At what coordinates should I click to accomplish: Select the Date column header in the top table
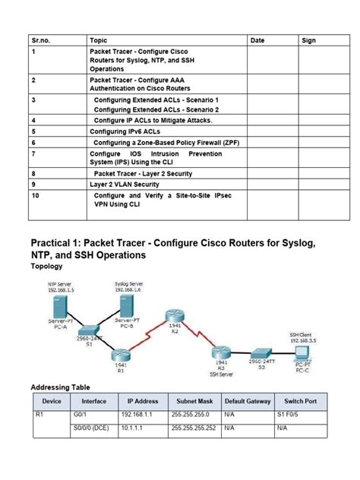pyautogui.click(x=257, y=39)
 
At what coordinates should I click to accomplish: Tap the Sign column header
pyautogui.click(x=308, y=39)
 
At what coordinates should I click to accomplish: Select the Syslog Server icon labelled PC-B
pyautogui.click(x=127, y=307)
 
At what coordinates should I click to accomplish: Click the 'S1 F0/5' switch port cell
pyautogui.click(x=293, y=416)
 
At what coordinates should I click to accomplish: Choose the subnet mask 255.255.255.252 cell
pyautogui.click(x=194, y=428)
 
